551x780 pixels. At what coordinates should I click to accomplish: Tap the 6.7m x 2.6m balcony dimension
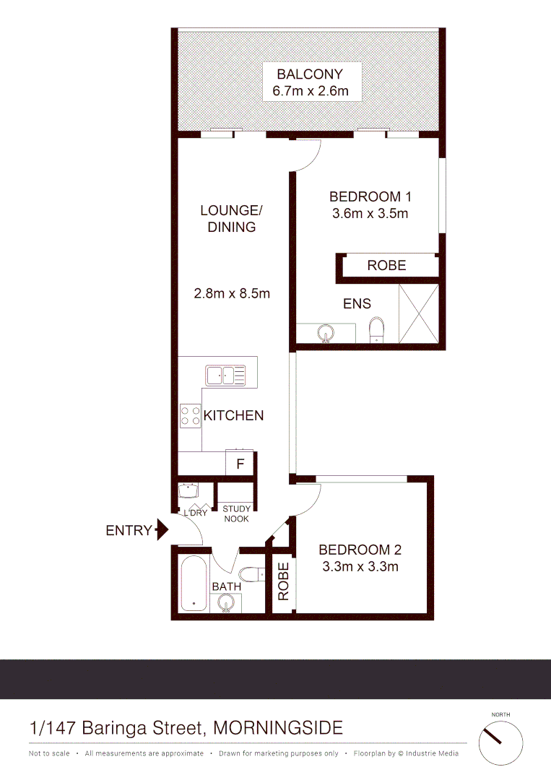(x=310, y=91)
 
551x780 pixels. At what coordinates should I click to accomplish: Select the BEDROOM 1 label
(x=370, y=196)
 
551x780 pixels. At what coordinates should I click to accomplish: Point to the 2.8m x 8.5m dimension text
(x=232, y=293)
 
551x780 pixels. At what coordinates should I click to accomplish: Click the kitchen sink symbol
(x=225, y=376)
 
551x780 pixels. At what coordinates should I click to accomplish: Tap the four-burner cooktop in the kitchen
(x=190, y=415)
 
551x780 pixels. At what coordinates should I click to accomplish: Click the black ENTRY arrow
(x=162, y=531)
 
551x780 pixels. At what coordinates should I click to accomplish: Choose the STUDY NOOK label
(x=235, y=513)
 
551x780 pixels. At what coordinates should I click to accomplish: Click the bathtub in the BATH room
(x=193, y=584)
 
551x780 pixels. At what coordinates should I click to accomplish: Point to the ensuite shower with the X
(x=417, y=313)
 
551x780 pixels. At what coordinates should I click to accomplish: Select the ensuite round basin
(x=326, y=334)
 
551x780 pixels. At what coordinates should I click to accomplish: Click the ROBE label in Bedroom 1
(x=386, y=265)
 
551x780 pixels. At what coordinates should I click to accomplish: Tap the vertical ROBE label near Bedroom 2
(x=283, y=581)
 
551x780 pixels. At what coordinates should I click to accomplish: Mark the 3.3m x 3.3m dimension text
(x=359, y=566)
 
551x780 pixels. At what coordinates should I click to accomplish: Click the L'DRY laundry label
(x=195, y=513)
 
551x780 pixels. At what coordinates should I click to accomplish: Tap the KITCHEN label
(x=233, y=415)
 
